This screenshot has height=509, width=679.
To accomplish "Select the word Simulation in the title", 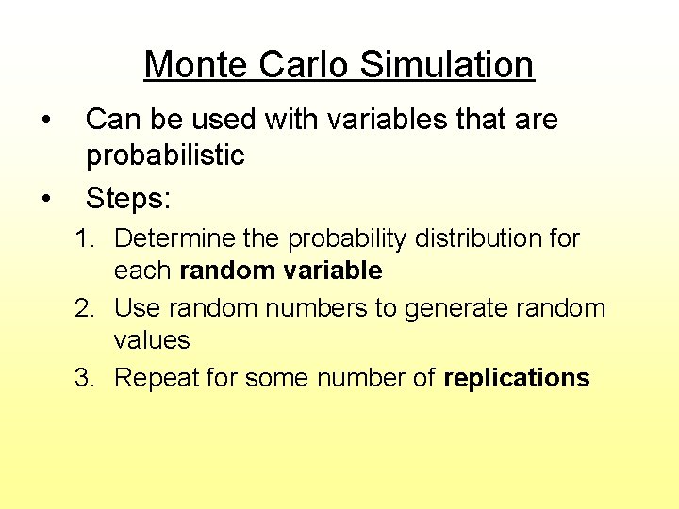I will coord(447,65).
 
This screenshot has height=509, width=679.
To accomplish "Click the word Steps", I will coord(128,198).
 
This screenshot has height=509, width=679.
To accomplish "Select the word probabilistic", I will coord(165,156).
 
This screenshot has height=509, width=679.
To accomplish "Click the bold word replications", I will coord(517,378).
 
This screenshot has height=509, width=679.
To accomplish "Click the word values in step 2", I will coord(152,340).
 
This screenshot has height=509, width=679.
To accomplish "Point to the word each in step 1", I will coord(142,271).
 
